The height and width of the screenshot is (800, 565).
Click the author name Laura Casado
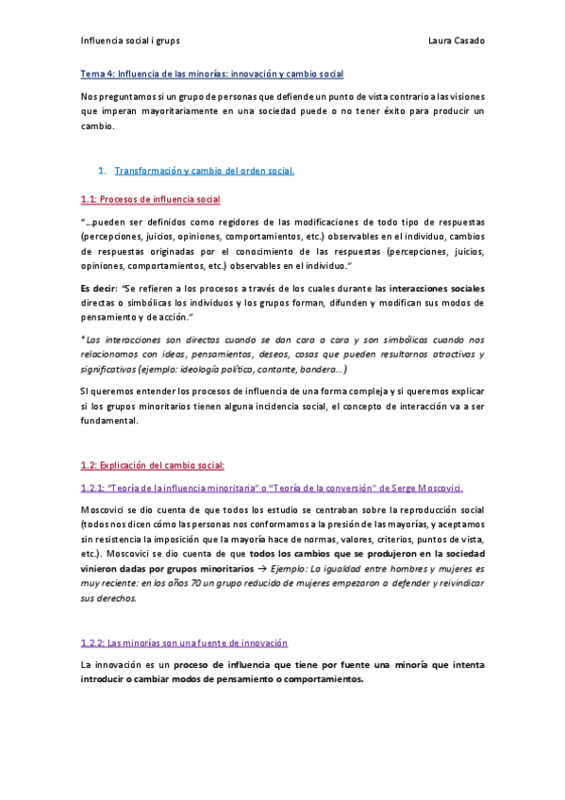(456, 42)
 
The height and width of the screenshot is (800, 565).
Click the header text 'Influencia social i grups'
(129, 42)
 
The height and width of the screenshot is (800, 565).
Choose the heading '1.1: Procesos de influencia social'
(150, 200)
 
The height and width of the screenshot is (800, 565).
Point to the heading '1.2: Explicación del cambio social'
(153, 465)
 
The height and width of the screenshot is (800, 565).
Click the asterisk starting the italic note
(83, 339)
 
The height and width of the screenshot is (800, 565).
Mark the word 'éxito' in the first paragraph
(396, 110)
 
